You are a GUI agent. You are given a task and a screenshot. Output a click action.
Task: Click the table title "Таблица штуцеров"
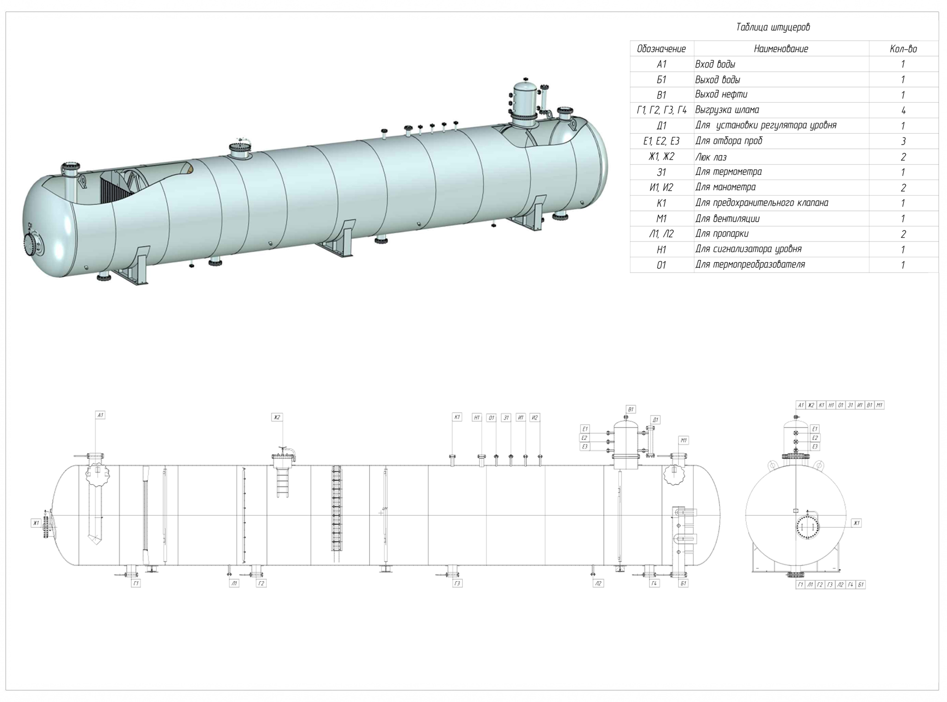773,27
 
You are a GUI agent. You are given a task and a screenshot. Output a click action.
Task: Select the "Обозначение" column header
661,49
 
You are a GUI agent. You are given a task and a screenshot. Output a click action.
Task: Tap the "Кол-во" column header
903,49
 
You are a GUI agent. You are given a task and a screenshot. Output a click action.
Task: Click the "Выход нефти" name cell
721,94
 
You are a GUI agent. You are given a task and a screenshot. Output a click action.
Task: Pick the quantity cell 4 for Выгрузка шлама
903,111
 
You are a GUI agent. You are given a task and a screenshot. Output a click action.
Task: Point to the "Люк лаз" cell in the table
711,157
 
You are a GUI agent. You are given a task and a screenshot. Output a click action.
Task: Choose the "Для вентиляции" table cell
727,218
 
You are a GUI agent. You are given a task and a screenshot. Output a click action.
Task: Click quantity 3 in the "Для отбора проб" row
903,141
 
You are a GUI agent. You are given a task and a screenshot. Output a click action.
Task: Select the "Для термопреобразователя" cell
750,265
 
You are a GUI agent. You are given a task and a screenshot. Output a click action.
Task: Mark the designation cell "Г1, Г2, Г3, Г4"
661,110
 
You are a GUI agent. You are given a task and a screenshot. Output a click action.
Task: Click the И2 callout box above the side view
535,417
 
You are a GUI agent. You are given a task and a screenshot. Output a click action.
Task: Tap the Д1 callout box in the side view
655,420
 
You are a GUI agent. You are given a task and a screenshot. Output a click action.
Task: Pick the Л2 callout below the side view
598,584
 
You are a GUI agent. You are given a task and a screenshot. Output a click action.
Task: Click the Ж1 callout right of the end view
856,523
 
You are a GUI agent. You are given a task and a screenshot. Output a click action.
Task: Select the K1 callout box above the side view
457,417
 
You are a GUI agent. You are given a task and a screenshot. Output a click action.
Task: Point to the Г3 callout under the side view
457,584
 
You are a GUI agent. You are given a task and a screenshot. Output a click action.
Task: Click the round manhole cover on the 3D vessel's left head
31,243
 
